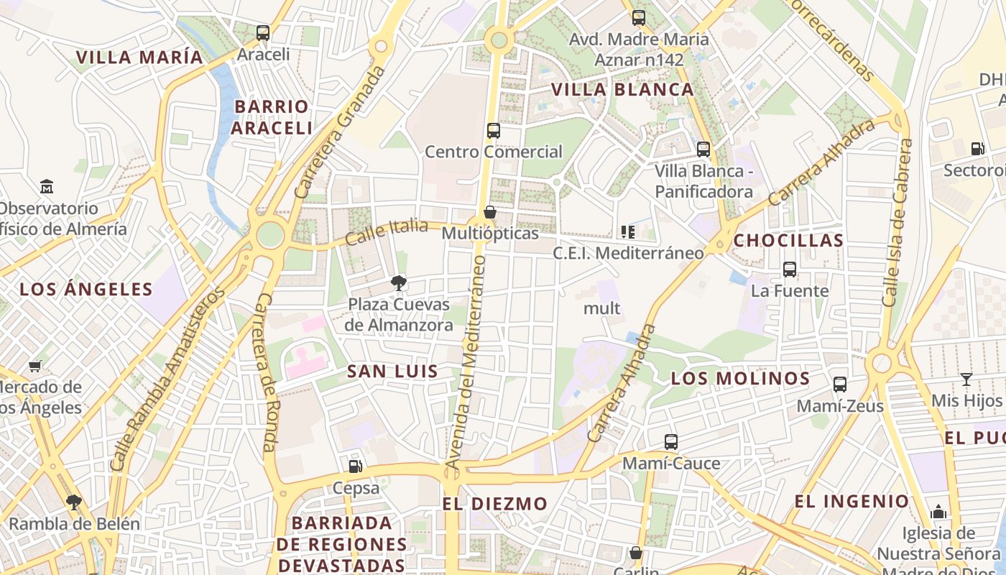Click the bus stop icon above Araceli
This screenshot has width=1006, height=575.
click(263, 32)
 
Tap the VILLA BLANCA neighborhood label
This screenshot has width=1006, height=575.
click(622, 90)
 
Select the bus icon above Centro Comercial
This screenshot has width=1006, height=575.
click(494, 131)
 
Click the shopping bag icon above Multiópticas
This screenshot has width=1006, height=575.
click(490, 212)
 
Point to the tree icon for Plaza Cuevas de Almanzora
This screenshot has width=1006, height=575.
click(399, 283)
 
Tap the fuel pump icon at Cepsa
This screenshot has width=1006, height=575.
click(356, 466)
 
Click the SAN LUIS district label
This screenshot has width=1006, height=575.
click(392, 372)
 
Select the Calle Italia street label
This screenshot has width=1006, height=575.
click(387, 231)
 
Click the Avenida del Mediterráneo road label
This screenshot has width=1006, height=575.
click(467, 363)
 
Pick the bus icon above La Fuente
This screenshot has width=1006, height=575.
click(790, 270)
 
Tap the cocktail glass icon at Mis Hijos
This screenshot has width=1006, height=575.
click(966, 379)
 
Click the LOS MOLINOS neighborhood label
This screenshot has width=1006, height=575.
click(740, 379)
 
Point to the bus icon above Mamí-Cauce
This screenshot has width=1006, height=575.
click(671, 442)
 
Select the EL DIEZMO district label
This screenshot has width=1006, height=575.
click(494, 504)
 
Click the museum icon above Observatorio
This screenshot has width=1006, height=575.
click(47, 187)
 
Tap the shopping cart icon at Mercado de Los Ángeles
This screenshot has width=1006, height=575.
click(35, 366)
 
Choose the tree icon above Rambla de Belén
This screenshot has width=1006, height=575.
click(73, 502)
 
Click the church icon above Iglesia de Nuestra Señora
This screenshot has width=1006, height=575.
click(938, 512)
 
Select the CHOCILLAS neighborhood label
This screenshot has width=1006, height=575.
click(788, 241)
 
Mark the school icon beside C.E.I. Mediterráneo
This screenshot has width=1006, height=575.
click(628, 231)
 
